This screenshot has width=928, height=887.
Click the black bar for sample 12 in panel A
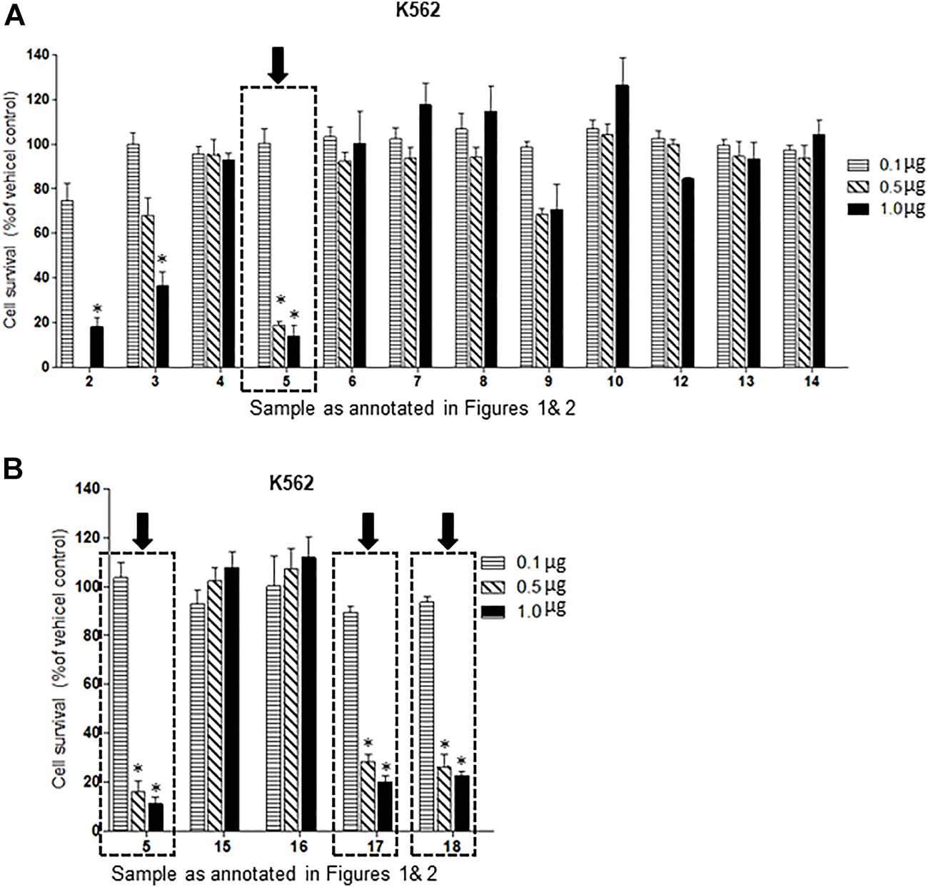tap(687, 273)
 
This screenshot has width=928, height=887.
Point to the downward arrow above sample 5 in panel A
tap(278, 65)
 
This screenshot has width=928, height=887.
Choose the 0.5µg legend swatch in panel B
tap(493, 587)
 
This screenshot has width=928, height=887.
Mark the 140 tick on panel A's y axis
tap(36, 55)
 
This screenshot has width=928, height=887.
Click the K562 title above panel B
tap(291, 484)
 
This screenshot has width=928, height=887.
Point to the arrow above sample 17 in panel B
tap(368, 531)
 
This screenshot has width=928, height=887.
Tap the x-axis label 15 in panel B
tap(221, 847)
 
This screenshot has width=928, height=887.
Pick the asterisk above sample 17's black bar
tap(386, 767)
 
